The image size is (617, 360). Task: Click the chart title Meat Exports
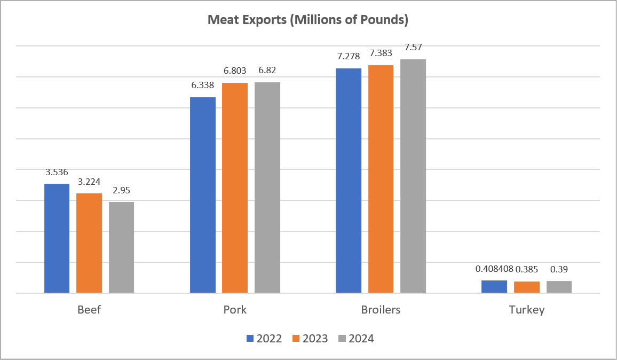[308, 21]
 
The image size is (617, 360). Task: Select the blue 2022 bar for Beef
[57, 238]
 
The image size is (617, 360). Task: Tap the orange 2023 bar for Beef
[89, 243]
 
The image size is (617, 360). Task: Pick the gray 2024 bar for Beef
[122, 247]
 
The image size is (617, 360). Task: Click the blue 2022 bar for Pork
[203, 195]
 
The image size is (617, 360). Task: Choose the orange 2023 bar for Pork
[235, 188]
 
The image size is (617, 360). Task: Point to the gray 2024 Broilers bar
[413, 176]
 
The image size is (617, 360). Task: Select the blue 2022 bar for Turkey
[494, 286]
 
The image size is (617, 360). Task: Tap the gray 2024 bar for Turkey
[559, 287]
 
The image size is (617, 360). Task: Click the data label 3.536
[57, 173]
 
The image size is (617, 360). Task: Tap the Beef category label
[89, 310]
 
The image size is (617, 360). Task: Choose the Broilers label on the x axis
[381, 310]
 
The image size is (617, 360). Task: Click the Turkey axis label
[526, 310]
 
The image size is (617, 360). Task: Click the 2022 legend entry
[264, 339]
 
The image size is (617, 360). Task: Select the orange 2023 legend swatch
[297, 339]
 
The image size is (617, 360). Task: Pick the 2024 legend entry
[357, 339]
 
